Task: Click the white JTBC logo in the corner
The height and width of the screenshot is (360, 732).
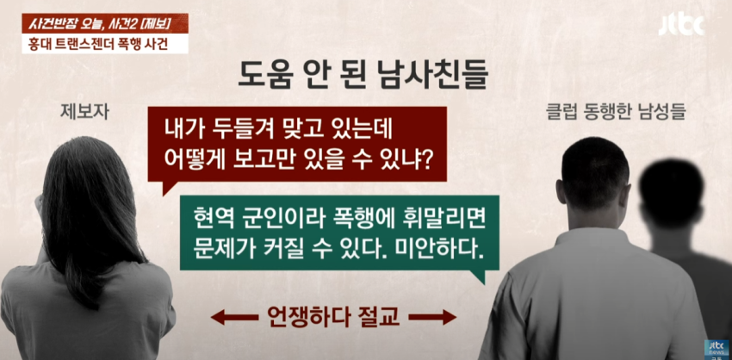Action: point(681,25)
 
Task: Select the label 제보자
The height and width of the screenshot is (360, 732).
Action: point(84,112)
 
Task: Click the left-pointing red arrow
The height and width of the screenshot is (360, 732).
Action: point(234,318)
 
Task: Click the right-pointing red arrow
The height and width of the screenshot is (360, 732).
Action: point(432,318)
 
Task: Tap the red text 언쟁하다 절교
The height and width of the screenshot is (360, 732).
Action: point(333,318)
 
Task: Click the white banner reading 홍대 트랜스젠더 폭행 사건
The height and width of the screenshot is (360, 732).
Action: point(105,45)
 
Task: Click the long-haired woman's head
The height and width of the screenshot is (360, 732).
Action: point(86,187)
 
